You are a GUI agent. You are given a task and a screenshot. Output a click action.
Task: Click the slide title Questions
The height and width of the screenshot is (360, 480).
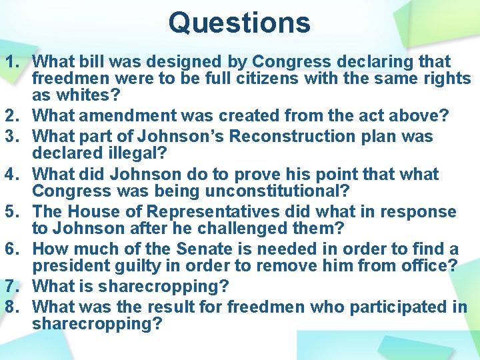click(239, 22)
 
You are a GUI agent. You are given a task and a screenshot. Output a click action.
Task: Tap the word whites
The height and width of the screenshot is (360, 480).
click(83, 95)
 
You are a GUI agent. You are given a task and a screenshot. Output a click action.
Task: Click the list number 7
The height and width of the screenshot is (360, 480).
click(14, 287)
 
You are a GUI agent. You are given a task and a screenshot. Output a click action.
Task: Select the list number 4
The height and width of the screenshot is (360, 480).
click(14, 175)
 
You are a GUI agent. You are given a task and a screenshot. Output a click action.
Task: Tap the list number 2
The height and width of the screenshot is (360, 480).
click(14, 116)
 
